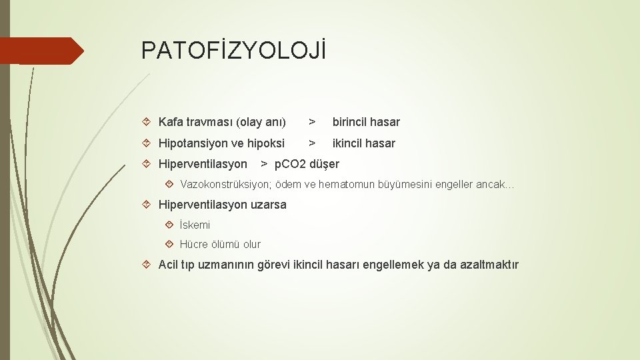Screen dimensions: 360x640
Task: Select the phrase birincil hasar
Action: (366, 122)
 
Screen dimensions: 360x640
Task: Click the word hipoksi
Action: (265, 143)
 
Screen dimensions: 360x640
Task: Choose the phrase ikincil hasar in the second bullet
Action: (364, 143)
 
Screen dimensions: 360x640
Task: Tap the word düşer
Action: (325, 164)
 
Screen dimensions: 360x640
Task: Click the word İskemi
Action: (195, 225)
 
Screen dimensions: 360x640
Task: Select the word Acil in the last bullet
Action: (169, 265)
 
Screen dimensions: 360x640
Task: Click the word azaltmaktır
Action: (489, 265)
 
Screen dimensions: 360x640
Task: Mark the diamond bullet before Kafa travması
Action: (149, 122)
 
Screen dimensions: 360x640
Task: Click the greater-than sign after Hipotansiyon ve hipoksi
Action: (311, 143)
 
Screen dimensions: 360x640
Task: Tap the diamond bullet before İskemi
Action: (170, 225)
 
